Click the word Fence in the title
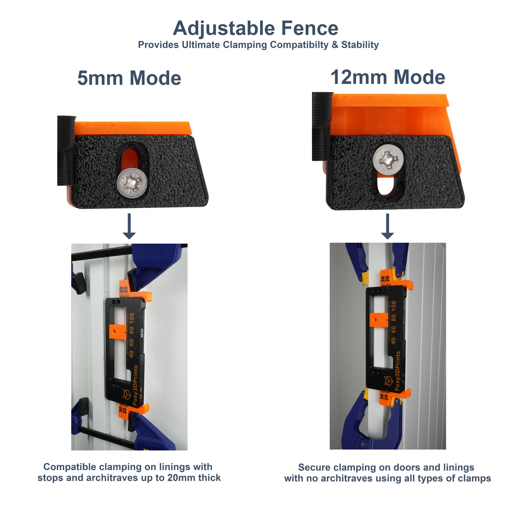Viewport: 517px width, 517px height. pos(310,28)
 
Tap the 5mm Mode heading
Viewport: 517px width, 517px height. pos(129,78)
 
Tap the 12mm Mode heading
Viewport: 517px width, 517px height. pos(388,78)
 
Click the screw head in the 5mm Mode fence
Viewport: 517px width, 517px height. pos(132,183)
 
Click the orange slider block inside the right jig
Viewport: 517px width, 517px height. pos(379,320)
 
